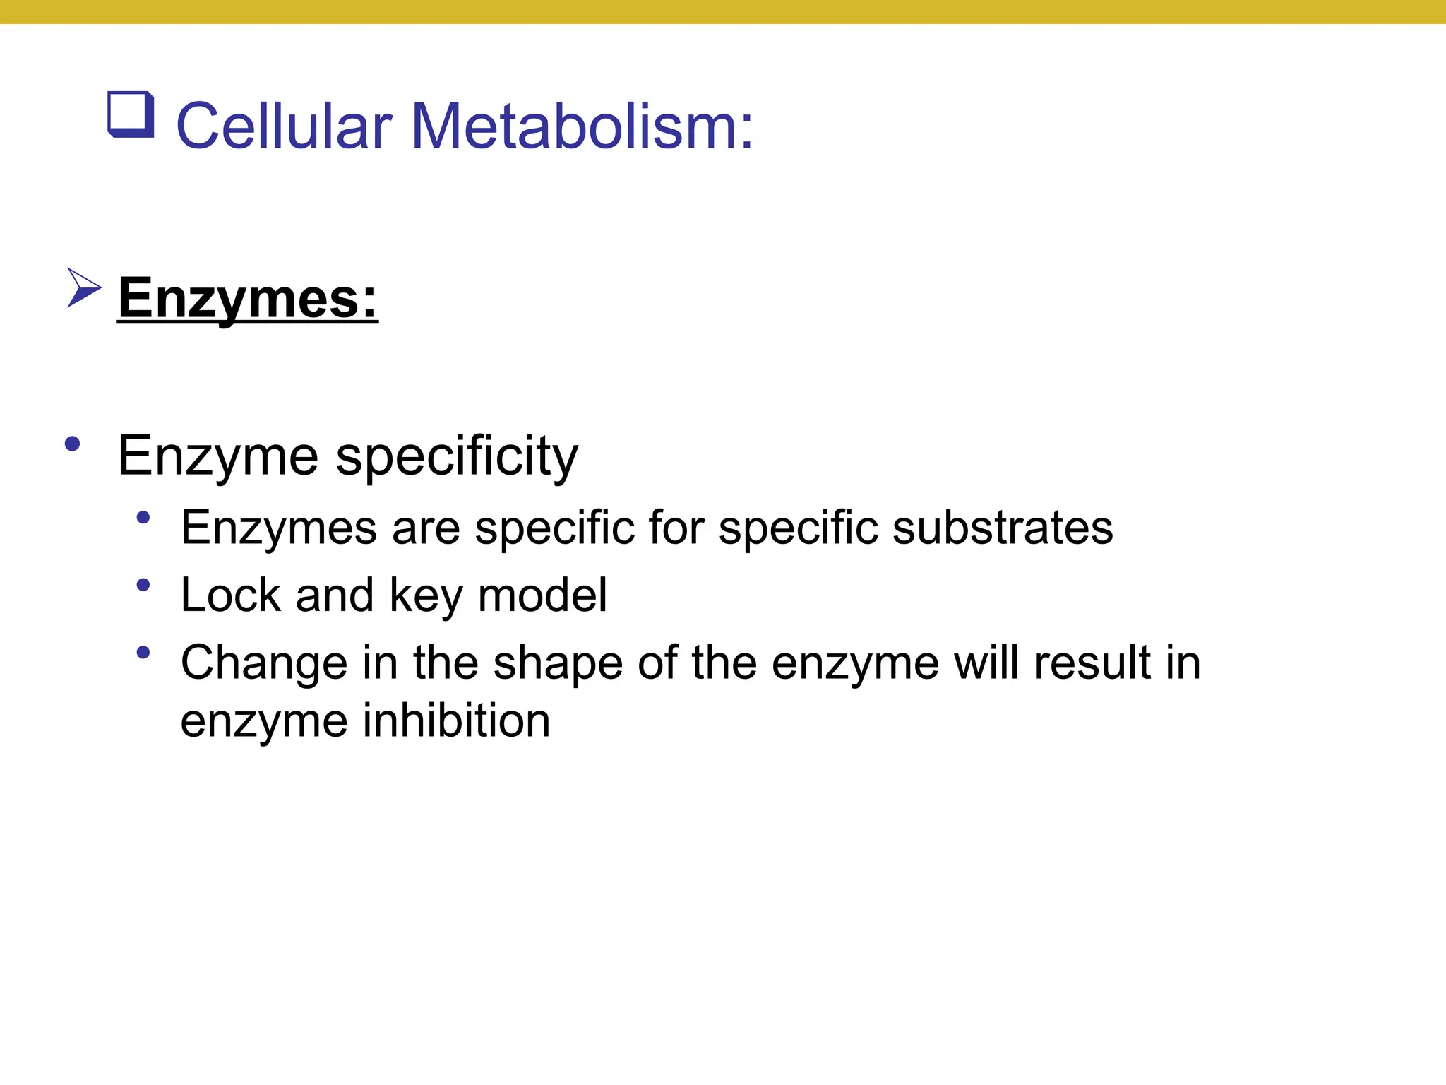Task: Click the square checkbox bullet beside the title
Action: point(131,114)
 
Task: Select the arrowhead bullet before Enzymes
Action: point(84,287)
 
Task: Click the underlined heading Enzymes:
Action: point(248,299)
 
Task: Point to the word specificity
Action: point(457,456)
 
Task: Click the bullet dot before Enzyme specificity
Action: point(72,444)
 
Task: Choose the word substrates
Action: point(1003,528)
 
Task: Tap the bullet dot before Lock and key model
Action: point(143,585)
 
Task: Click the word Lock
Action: point(230,595)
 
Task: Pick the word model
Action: point(542,595)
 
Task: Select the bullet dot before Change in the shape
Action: point(143,653)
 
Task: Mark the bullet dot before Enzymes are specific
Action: point(143,518)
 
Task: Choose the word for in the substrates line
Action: point(676,528)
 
